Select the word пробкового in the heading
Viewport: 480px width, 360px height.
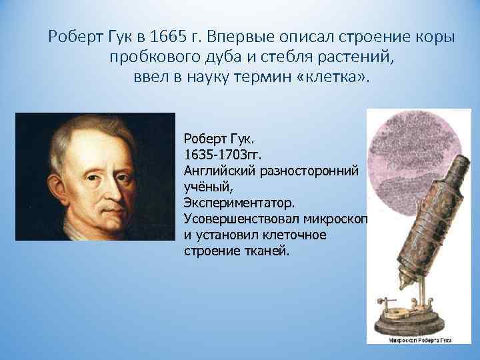[x=153, y=58]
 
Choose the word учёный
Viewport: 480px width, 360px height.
[x=202, y=187]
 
